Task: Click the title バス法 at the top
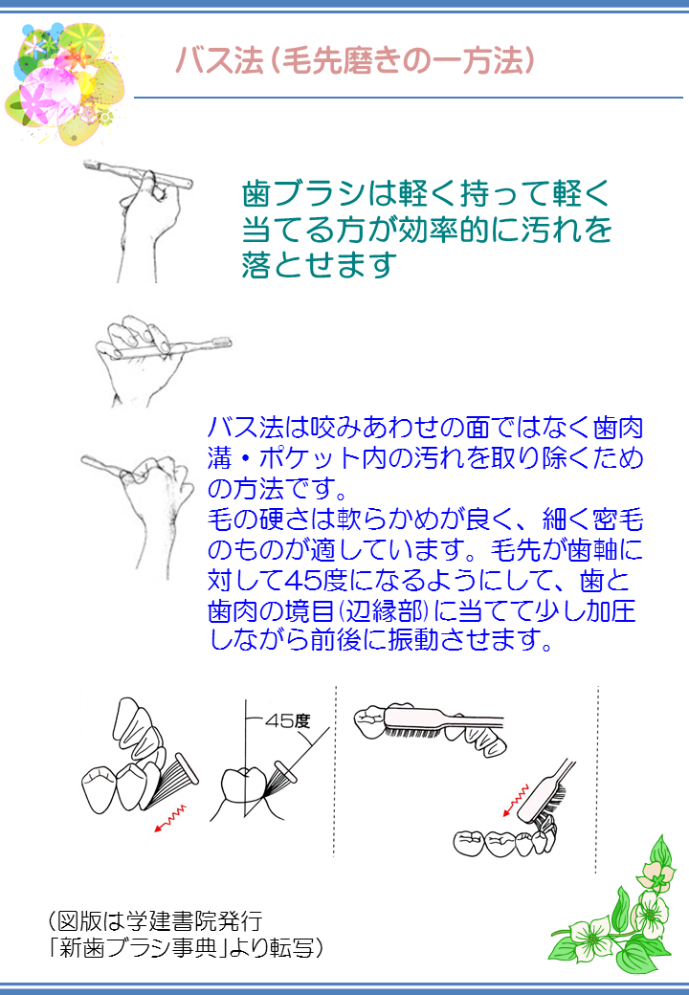(219, 61)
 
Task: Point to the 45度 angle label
(287, 720)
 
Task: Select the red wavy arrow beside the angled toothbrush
(516, 800)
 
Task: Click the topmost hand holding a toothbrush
(140, 216)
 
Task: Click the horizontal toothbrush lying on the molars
(444, 722)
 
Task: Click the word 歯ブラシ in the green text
(303, 193)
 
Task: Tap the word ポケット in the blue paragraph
(310, 458)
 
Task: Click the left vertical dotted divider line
(335, 771)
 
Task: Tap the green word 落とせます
(319, 265)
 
